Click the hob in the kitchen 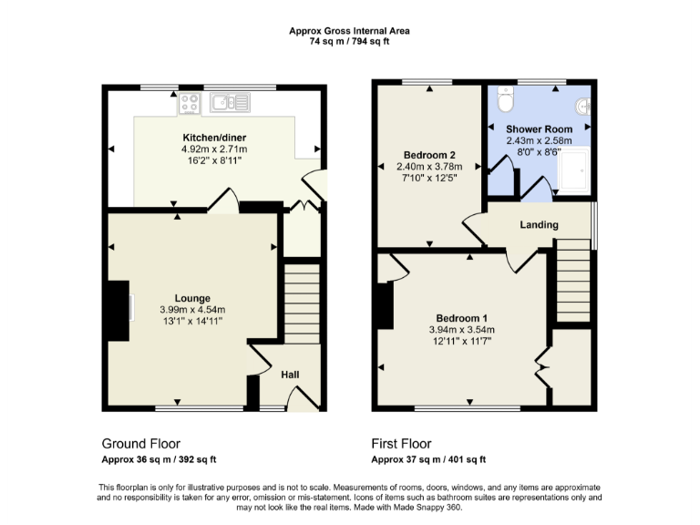[x=190, y=103]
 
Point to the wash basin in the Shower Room [x=584, y=106]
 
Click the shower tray [x=574, y=172]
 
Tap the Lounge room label [x=193, y=298]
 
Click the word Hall [x=290, y=375]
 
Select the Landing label [x=539, y=225]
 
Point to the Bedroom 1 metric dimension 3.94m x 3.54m [x=461, y=329]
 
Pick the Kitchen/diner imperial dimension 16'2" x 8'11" [x=214, y=160]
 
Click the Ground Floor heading [x=140, y=444]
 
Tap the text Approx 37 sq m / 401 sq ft [x=428, y=459]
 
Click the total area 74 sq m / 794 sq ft [x=349, y=42]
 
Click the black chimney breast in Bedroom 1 [x=383, y=305]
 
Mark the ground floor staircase [x=303, y=301]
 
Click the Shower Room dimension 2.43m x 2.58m [x=539, y=141]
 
